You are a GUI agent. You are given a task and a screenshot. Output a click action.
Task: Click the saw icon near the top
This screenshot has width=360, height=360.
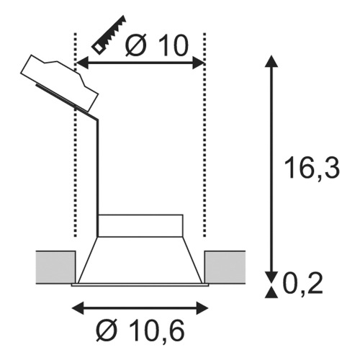(x=109, y=35)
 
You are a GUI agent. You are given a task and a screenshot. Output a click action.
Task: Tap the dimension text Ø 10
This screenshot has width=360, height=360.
(x=156, y=45)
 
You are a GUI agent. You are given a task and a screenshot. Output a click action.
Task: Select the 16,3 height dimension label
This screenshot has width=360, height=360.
(x=312, y=168)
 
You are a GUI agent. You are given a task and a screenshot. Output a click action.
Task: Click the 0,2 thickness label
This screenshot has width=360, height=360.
(x=303, y=283)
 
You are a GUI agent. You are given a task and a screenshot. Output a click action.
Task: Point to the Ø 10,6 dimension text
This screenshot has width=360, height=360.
(x=140, y=330)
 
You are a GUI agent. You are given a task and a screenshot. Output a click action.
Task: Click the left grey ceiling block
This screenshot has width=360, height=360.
(x=55, y=267)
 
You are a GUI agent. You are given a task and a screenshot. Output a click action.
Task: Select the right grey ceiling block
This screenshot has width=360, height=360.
(x=225, y=267)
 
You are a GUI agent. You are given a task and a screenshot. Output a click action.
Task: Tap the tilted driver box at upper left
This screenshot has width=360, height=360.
(x=60, y=83)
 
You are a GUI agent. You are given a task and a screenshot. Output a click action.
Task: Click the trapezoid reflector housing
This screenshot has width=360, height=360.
(x=140, y=260)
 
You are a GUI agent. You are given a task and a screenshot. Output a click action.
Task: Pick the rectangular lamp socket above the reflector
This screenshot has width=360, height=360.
(x=140, y=225)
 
